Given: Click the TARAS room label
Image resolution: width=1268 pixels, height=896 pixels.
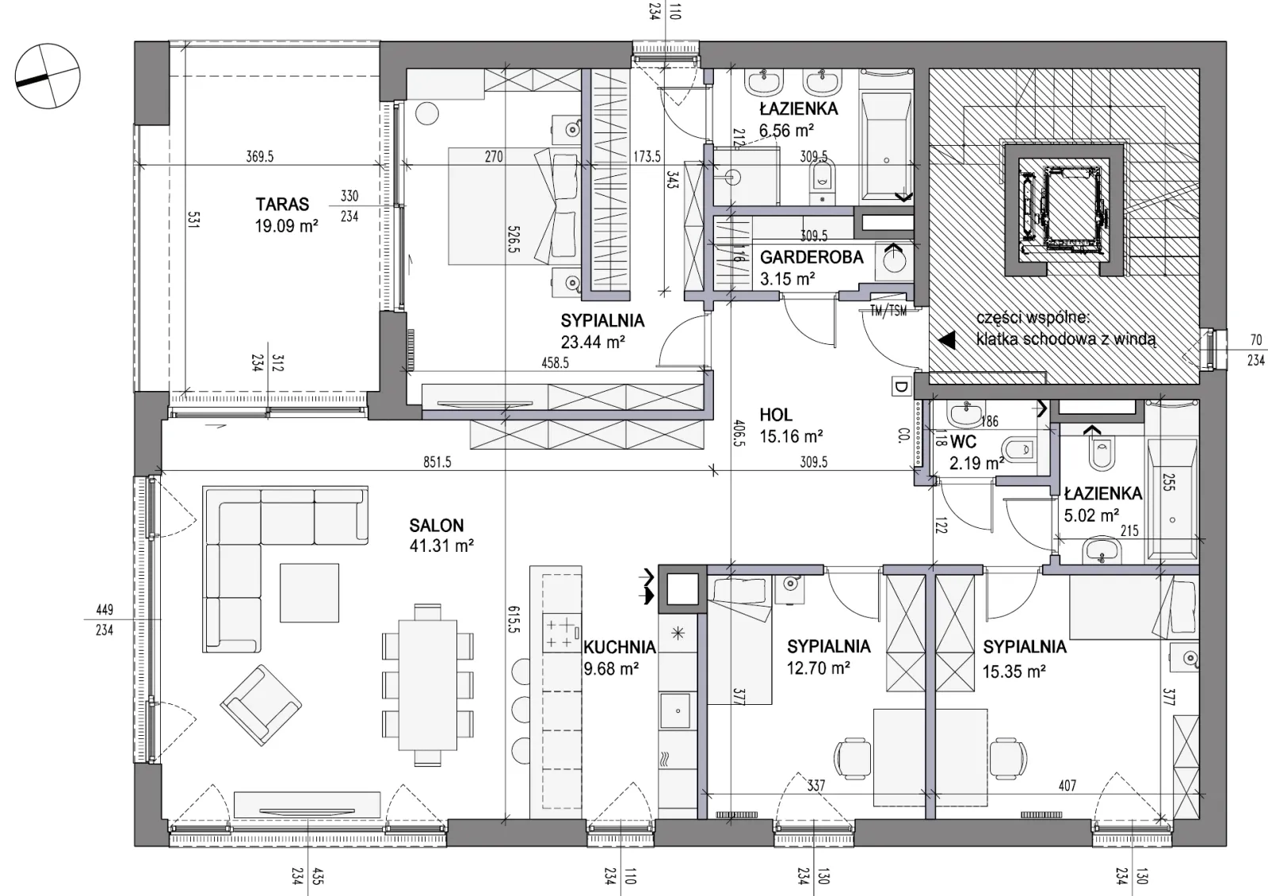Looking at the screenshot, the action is point(282,204).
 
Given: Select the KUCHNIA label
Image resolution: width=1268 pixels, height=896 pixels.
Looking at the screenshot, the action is point(620,647).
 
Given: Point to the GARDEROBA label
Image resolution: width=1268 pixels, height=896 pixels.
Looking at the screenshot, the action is point(812,258).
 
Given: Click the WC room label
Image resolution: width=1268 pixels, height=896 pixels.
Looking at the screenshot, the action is point(964,441).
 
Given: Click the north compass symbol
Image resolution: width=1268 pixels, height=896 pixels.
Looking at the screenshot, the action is point(48,76).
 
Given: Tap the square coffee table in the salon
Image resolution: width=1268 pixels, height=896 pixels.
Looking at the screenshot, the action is point(309,593).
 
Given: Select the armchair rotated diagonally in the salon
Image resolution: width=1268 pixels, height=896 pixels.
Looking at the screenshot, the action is point(261,706).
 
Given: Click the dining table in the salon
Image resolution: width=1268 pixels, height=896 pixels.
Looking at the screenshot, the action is point(428,685).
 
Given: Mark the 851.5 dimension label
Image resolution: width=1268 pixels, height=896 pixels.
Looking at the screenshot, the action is point(437,462).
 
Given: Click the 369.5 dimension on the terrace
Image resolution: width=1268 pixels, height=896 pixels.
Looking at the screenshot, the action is point(260,156).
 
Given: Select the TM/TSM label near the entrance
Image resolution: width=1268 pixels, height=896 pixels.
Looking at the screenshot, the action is point(888,311).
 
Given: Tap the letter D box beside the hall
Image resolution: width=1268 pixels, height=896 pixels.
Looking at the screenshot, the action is point(900,388).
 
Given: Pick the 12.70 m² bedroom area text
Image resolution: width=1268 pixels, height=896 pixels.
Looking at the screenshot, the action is point(819,669).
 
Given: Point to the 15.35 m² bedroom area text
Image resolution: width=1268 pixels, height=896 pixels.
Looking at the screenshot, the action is point(1014,672).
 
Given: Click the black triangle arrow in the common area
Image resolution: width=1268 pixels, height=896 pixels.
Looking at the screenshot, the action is point(947,340).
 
